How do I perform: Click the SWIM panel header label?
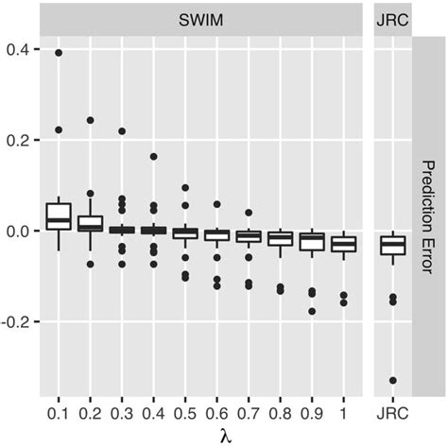203,18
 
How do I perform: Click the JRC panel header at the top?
391,18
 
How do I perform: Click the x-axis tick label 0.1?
59,412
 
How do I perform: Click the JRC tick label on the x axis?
391,412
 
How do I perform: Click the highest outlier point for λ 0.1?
59,53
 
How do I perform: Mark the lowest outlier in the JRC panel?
391,380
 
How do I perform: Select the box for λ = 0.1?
59,216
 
